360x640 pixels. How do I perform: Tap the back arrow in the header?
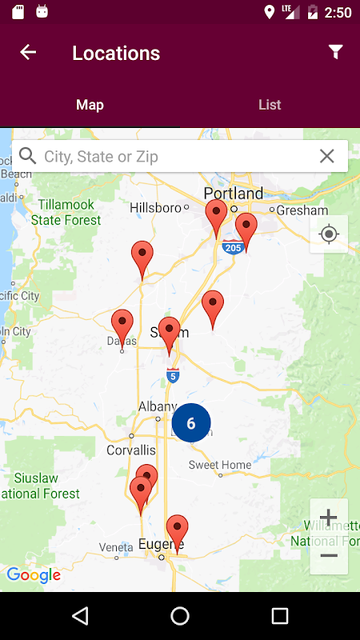[28, 53]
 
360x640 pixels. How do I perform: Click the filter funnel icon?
[336, 52]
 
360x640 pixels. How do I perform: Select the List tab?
[270, 105]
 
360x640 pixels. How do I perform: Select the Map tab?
[90, 105]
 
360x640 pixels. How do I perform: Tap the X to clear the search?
[326, 157]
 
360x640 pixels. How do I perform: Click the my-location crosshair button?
[329, 234]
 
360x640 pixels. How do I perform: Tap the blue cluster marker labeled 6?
[191, 423]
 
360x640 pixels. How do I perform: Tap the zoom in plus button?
[329, 518]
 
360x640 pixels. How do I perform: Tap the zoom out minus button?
[329, 555]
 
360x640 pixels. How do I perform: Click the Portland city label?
[233, 194]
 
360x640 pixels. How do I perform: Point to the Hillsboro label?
[155, 208]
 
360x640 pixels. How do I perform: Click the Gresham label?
[303, 210]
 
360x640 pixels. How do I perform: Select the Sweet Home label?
[220, 465]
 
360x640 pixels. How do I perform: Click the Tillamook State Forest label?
[66, 213]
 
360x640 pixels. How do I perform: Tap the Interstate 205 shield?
[232, 246]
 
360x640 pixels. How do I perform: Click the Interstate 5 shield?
[173, 374]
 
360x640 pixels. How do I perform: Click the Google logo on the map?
[34, 575]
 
